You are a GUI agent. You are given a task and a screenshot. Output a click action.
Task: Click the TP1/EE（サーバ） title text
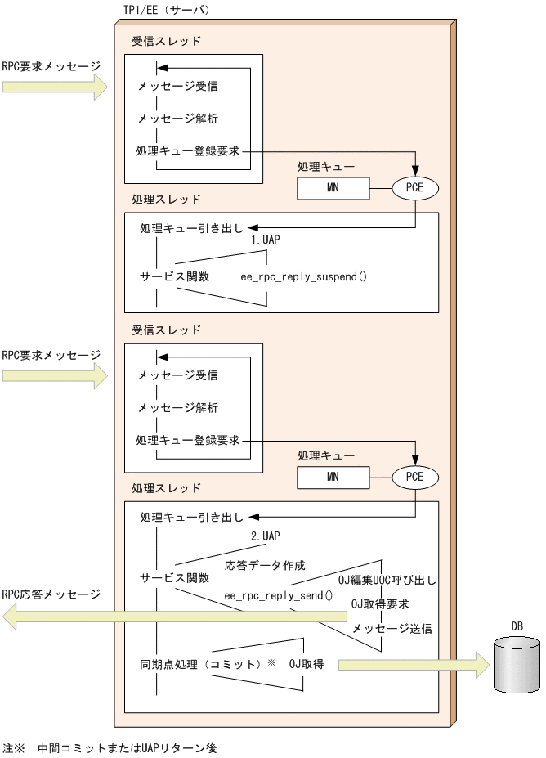[x=166, y=10]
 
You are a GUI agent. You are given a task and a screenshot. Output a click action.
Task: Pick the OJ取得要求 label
[x=380, y=604]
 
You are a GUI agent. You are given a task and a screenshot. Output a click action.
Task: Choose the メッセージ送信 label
[x=392, y=629]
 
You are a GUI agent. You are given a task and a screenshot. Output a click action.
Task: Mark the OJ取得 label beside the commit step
[x=307, y=664]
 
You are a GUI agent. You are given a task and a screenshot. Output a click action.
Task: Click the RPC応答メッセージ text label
[x=51, y=594]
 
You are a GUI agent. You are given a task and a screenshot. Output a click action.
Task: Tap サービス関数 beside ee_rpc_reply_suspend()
[x=175, y=276]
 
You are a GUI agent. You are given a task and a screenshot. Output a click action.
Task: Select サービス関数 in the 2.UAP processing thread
[x=175, y=577]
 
